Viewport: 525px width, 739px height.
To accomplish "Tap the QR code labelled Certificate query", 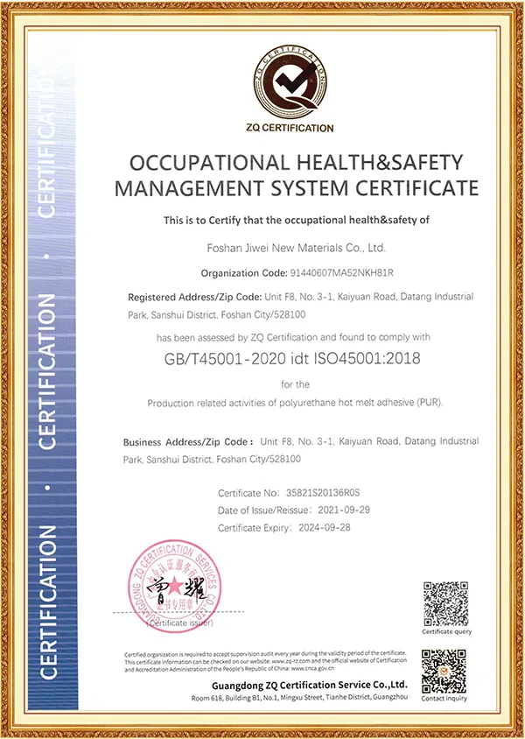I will [x=445, y=602].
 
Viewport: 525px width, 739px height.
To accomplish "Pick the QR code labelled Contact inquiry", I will [x=445, y=670].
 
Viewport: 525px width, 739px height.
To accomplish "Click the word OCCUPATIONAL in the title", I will [x=197, y=164].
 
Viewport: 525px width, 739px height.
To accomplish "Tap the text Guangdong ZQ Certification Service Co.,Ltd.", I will [x=311, y=684].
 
